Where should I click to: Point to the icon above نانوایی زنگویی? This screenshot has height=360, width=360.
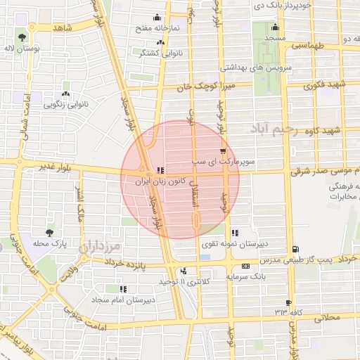(x=66, y=94)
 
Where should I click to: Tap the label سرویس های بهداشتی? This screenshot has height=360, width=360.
(x=252, y=67)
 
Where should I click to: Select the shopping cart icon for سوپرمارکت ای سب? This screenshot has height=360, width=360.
(x=224, y=151)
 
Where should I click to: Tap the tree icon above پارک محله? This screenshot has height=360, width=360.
(x=49, y=232)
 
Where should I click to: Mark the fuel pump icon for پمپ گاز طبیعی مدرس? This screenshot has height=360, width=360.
(x=295, y=250)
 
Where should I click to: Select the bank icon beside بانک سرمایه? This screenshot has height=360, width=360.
(x=245, y=266)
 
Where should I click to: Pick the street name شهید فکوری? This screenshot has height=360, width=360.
(x=325, y=86)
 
